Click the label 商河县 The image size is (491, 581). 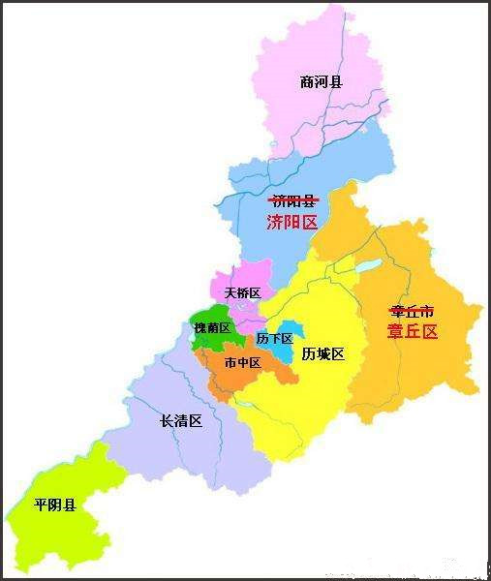(x=322, y=82)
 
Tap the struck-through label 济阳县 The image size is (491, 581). (x=292, y=200)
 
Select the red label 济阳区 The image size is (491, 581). (x=292, y=223)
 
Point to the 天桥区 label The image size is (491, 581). (x=242, y=292)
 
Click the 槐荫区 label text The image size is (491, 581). (x=211, y=328)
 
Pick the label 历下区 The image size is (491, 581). (x=274, y=339)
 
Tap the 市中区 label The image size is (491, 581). (x=241, y=363)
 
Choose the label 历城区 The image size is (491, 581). (x=322, y=353)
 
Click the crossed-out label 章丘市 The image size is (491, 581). (x=412, y=310)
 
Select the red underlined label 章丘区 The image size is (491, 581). (x=413, y=331)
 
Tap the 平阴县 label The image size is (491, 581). (x=54, y=505)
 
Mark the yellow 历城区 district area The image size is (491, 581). (x=310, y=397)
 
